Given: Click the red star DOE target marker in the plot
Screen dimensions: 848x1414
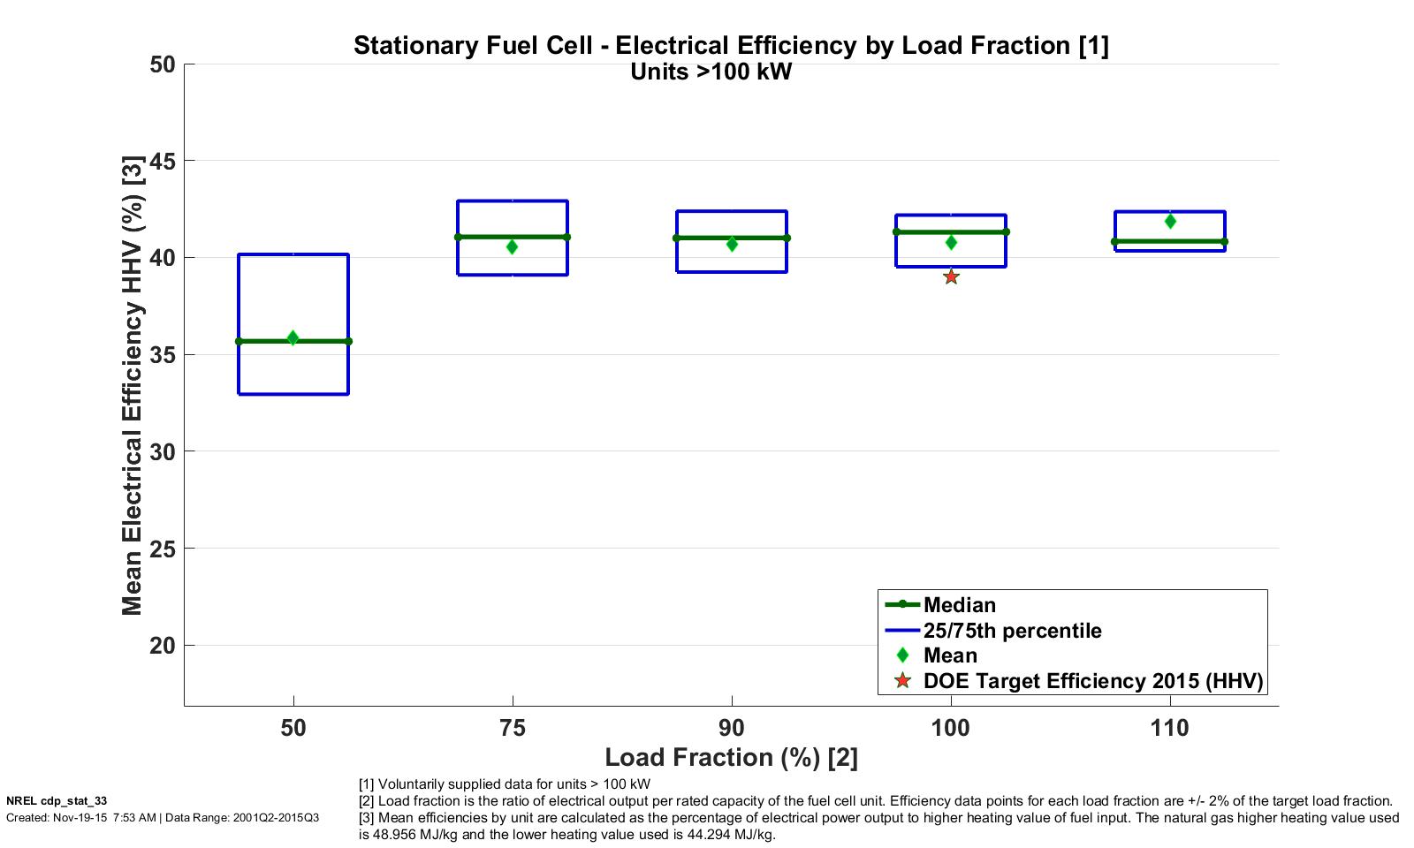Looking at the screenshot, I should (x=951, y=277).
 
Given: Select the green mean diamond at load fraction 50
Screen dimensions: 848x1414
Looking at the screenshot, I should (x=293, y=338).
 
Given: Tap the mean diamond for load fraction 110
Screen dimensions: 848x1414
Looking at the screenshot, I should (x=1170, y=221).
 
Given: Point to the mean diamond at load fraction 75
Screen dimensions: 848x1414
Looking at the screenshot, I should (x=512, y=247).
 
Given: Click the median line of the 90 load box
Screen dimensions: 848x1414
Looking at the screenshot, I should (x=707, y=238).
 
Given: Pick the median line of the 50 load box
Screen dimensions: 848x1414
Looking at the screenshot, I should (x=265, y=341).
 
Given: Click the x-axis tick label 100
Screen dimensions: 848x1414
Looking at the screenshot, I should (x=951, y=728).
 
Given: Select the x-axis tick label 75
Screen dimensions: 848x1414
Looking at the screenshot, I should (x=513, y=728).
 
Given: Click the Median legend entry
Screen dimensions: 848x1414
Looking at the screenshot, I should (x=959, y=605).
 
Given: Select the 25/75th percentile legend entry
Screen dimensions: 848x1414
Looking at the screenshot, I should (x=1012, y=631).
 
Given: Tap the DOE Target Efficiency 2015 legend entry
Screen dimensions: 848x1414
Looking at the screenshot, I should (x=1092, y=681).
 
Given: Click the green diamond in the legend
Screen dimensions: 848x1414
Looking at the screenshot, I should (x=902, y=655).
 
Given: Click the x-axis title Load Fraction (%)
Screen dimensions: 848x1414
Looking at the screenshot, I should (x=731, y=757).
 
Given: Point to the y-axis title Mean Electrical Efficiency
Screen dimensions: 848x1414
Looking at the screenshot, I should (x=133, y=384).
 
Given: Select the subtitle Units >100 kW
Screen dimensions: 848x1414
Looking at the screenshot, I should (x=711, y=72).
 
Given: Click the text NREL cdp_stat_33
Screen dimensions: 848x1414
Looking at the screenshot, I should (x=57, y=801).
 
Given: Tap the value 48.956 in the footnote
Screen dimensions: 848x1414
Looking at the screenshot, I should (x=394, y=835).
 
